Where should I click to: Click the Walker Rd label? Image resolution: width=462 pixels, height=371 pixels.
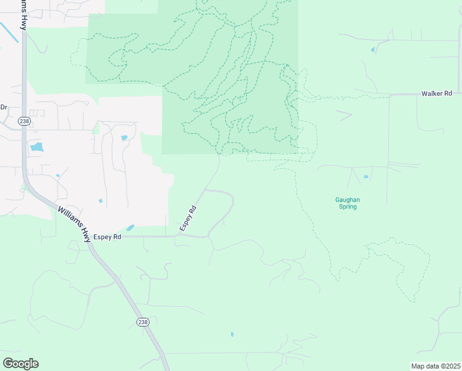[x=437, y=93]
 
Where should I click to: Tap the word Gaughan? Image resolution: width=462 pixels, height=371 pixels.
[x=347, y=200]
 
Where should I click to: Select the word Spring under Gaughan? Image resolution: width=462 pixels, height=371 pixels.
[x=347, y=207]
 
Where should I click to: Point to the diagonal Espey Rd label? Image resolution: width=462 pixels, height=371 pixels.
[x=188, y=219]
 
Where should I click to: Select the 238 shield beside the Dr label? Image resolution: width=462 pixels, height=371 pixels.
[x=24, y=121]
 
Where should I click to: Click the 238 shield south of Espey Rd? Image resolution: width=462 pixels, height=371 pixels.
[x=143, y=322]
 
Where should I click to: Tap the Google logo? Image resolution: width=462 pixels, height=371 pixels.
[x=20, y=364]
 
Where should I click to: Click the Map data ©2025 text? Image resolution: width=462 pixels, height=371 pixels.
[x=435, y=366]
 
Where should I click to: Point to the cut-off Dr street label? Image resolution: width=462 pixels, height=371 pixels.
[x=3, y=107]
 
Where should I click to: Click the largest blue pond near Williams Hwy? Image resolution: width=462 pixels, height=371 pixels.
[x=36, y=147]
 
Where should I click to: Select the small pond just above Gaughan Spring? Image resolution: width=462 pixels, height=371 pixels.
[x=366, y=177]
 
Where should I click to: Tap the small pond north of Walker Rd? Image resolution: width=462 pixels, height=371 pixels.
[x=372, y=49]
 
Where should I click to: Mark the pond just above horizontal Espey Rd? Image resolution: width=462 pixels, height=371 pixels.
[x=130, y=228]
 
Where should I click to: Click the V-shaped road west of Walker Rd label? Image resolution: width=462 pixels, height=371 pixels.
[x=345, y=115]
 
